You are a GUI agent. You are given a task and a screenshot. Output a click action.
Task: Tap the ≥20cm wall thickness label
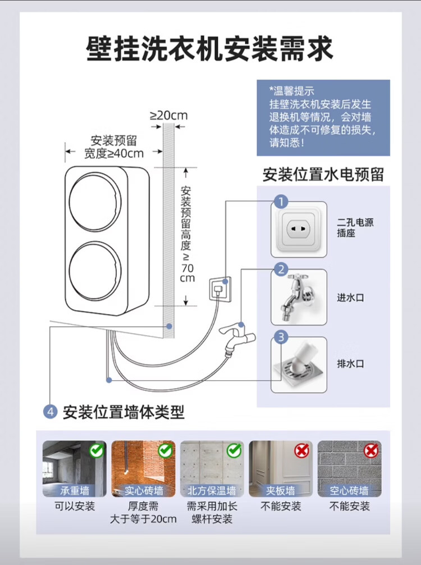(169, 115)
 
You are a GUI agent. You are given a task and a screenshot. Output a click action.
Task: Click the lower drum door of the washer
(95, 271)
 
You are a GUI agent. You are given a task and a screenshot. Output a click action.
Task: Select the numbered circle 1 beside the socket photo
(281, 202)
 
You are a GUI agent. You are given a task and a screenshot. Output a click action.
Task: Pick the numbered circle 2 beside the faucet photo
(281, 270)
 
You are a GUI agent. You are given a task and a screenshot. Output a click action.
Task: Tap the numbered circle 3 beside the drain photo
(281, 338)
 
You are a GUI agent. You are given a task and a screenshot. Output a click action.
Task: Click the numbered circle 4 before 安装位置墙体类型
(51, 412)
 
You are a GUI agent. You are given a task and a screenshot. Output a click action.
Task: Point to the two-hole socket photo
(299, 230)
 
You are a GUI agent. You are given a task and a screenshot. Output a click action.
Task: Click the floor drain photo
(299, 365)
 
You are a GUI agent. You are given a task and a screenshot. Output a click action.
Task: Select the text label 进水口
(350, 298)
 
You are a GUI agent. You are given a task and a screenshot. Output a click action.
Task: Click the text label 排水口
(350, 363)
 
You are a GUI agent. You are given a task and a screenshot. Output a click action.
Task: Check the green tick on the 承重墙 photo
(97, 450)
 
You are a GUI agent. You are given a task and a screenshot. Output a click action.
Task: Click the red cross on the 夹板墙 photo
(302, 450)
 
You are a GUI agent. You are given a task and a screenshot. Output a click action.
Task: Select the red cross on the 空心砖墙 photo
(371, 450)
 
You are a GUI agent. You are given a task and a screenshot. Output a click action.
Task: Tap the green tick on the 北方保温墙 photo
(234, 450)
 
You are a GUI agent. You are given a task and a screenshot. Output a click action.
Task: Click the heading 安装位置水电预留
(323, 175)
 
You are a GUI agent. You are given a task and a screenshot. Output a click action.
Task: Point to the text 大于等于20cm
(143, 520)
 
